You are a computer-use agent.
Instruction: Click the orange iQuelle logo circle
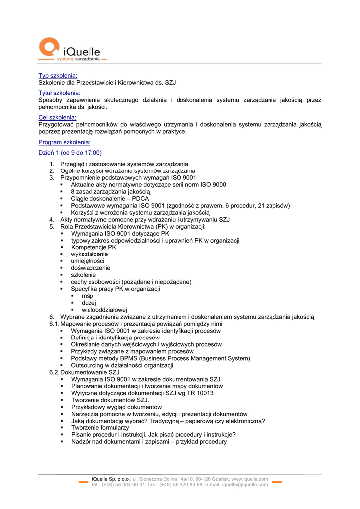pyautogui.click(x=49, y=47)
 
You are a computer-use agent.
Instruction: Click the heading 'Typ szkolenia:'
pyautogui.click(x=58, y=76)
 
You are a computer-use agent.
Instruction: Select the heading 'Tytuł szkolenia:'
pyautogui.click(x=60, y=93)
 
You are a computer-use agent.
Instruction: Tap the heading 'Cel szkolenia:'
pyautogui.click(x=57, y=117)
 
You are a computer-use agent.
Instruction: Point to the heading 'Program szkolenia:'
pyautogui.click(x=65, y=142)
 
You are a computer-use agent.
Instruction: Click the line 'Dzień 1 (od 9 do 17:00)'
pyautogui.click(x=70, y=153)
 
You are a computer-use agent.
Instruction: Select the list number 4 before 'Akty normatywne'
pyautogui.click(x=52, y=219)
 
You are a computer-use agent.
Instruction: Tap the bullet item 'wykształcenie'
pyautogui.click(x=90, y=254)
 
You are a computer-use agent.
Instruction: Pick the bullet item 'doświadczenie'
pyautogui.click(x=90, y=268)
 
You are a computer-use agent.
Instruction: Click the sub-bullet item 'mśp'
pyautogui.click(x=87, y=296)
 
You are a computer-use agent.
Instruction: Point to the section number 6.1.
pyautogui.click(x=54, y=324)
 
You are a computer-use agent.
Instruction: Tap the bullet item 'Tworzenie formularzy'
pyautogui.click(x=100, y=427)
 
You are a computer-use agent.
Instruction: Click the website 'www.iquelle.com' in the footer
pyautogui.click(x=250, y=479)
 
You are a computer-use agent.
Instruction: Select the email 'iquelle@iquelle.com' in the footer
pyautogui.click(x=245, y=484)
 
